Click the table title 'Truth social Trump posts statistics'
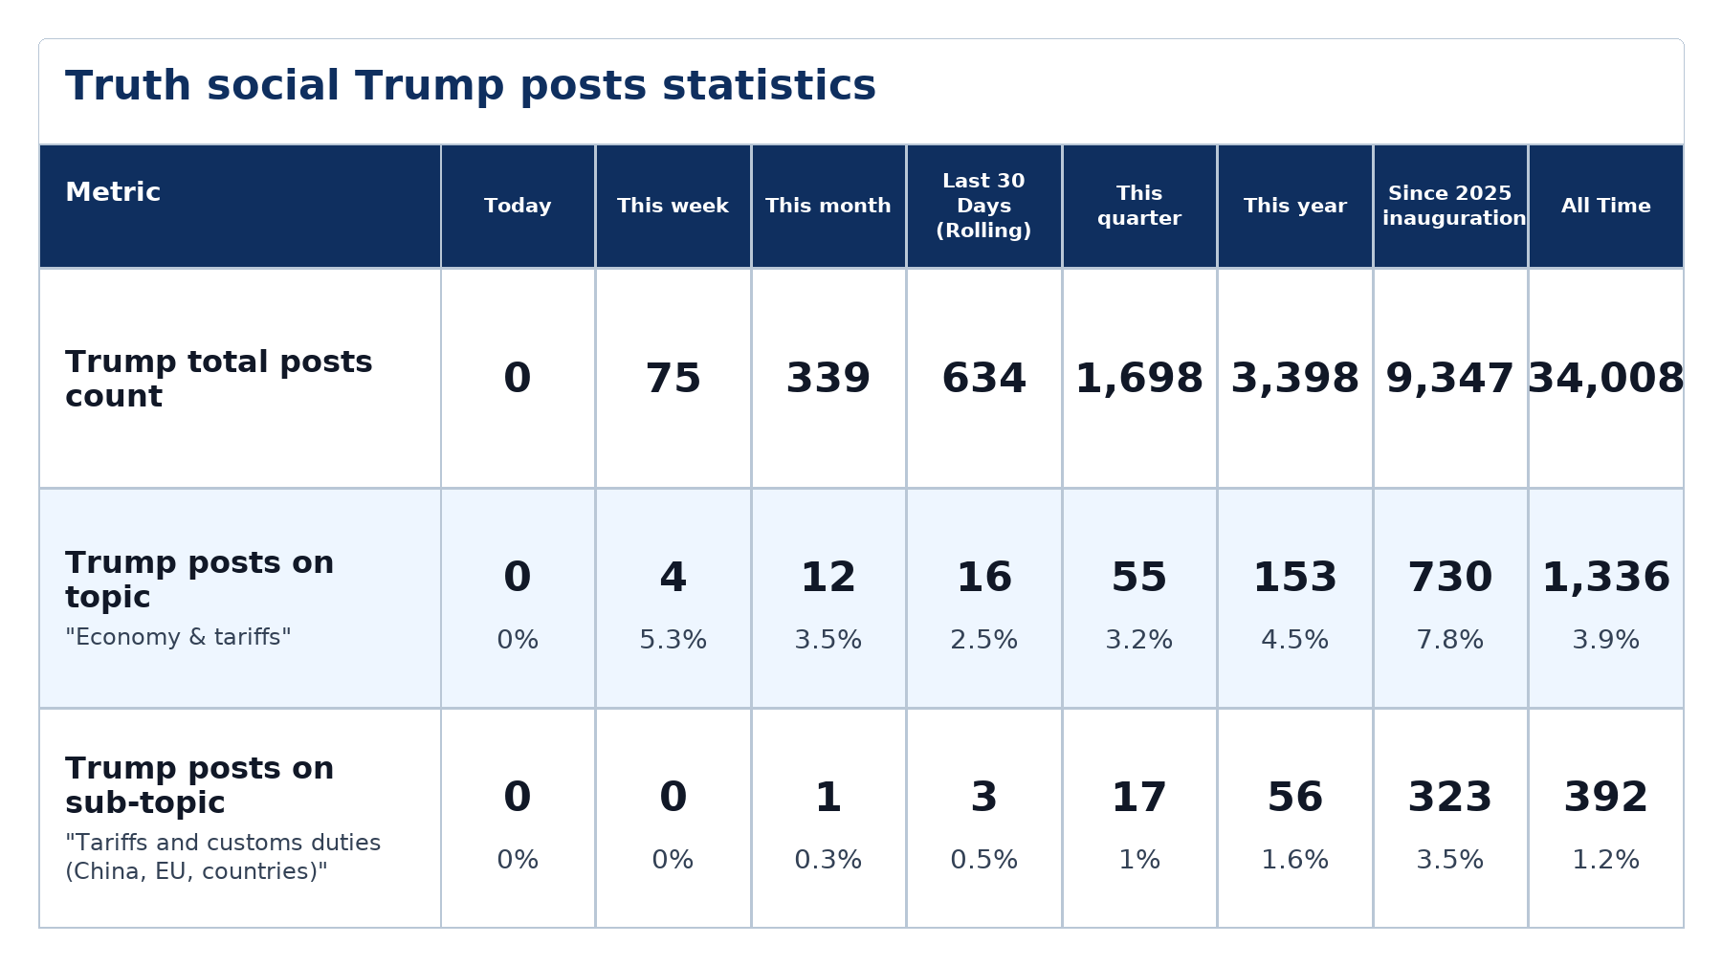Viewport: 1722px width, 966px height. (471, 86)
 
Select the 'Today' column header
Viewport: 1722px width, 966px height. (518, 206)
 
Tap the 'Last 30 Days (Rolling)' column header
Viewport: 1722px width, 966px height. (983, 206)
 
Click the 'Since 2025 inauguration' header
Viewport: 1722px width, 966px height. (1450, 206)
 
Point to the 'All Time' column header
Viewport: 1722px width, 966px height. (1605, 206)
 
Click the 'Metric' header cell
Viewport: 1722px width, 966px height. (113, 192)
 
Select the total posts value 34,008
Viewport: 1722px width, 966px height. (1605, 379)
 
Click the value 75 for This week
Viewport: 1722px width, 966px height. (673, 379)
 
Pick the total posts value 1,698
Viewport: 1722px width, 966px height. (1139, 379)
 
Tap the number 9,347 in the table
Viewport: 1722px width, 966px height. (1450, 379)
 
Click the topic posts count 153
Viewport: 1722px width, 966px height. (1294, 578)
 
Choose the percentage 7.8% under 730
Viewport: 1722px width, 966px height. (1450, 640)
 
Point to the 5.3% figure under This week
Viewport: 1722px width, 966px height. (673, 640)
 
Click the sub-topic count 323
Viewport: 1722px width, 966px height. (1450, 798)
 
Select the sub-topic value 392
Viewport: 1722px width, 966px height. (1605, 798)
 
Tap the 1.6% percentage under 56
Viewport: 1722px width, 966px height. (1294, 860)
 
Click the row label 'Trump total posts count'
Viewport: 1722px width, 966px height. (219, 379)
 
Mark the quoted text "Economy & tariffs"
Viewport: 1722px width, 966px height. (178, 637)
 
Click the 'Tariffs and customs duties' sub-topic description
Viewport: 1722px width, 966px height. (223, 857)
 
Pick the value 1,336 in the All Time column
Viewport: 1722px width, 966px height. (1605, 578)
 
